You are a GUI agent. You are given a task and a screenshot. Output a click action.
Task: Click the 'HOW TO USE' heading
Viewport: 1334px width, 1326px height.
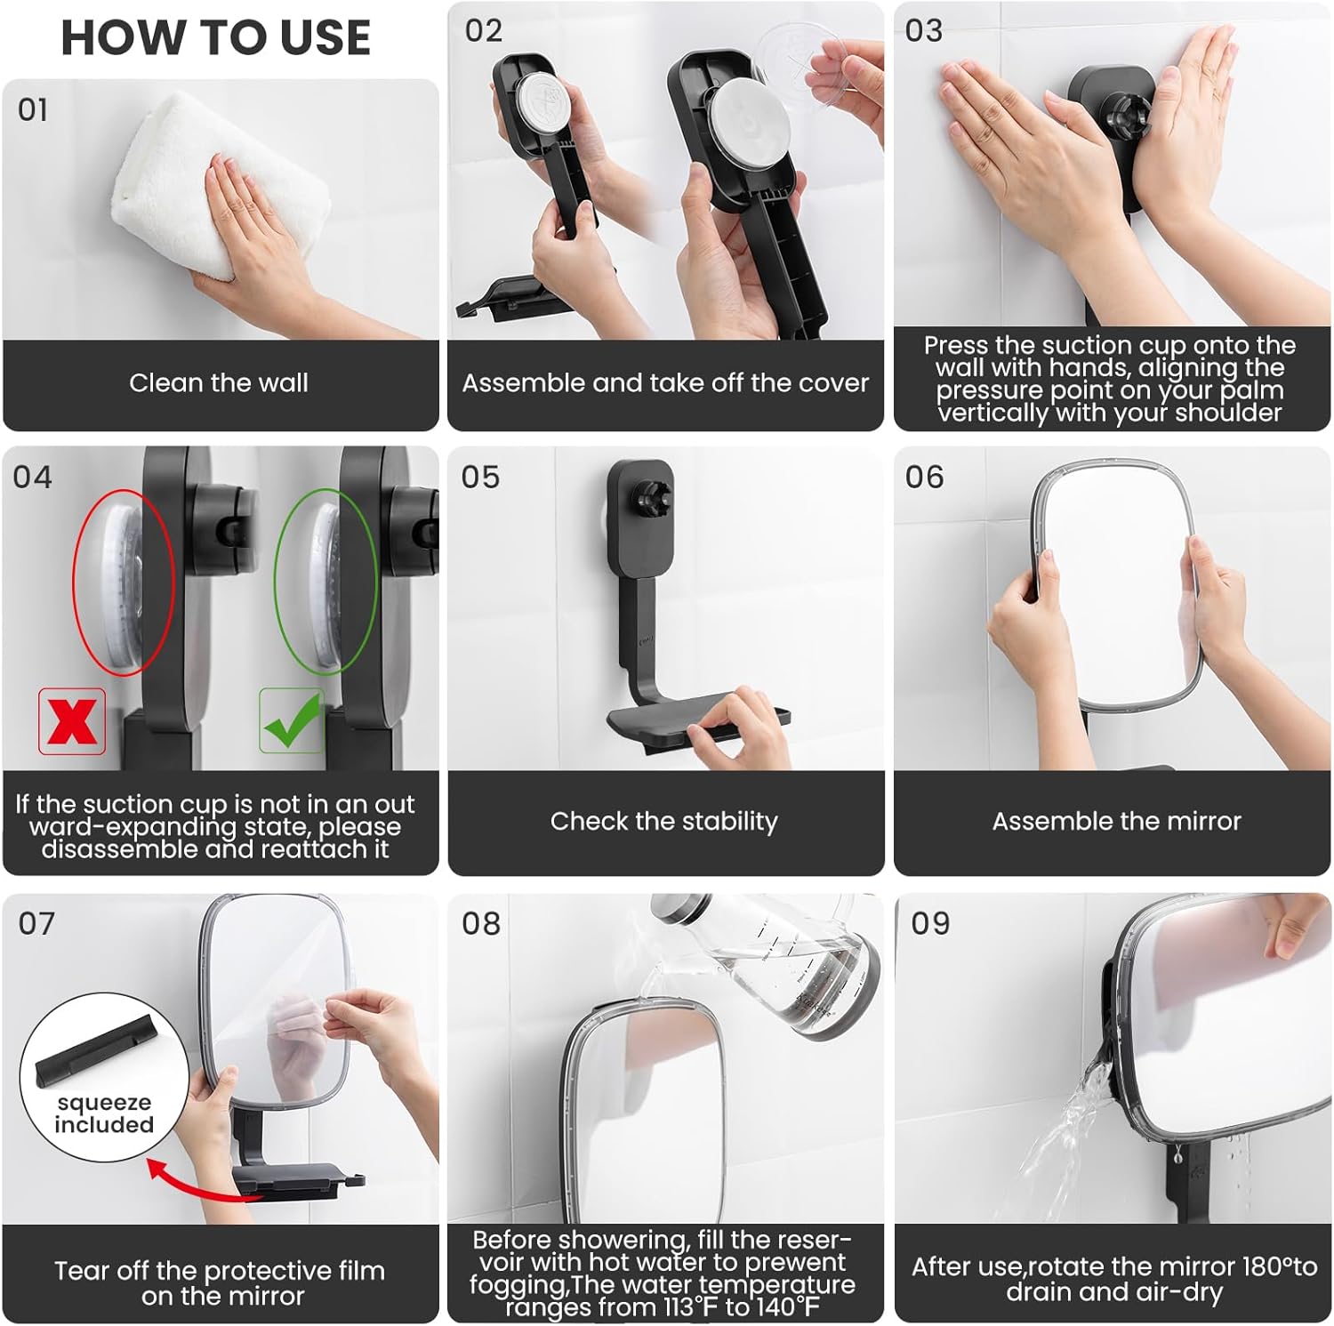coord(215,37)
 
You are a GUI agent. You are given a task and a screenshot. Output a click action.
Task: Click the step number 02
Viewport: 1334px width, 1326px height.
coord(484,31)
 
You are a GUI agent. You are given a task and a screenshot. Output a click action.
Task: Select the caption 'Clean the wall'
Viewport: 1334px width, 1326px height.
coord(219,382)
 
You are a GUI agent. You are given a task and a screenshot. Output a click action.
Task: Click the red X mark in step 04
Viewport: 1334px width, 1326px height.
coord(72,720)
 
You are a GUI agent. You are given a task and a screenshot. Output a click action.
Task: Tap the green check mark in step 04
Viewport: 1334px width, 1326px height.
coord(292,719)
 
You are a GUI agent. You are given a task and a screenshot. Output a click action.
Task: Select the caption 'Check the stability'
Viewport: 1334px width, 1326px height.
coord(663,821)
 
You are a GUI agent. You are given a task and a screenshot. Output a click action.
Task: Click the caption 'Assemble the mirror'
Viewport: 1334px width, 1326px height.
coord(1116,821)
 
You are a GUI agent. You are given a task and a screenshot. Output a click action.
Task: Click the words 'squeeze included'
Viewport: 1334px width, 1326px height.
coord(104,1113)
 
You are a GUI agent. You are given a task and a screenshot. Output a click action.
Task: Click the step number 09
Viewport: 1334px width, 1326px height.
coord(930,923)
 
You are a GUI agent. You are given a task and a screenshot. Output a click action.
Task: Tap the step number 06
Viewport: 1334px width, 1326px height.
coord(924,478)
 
